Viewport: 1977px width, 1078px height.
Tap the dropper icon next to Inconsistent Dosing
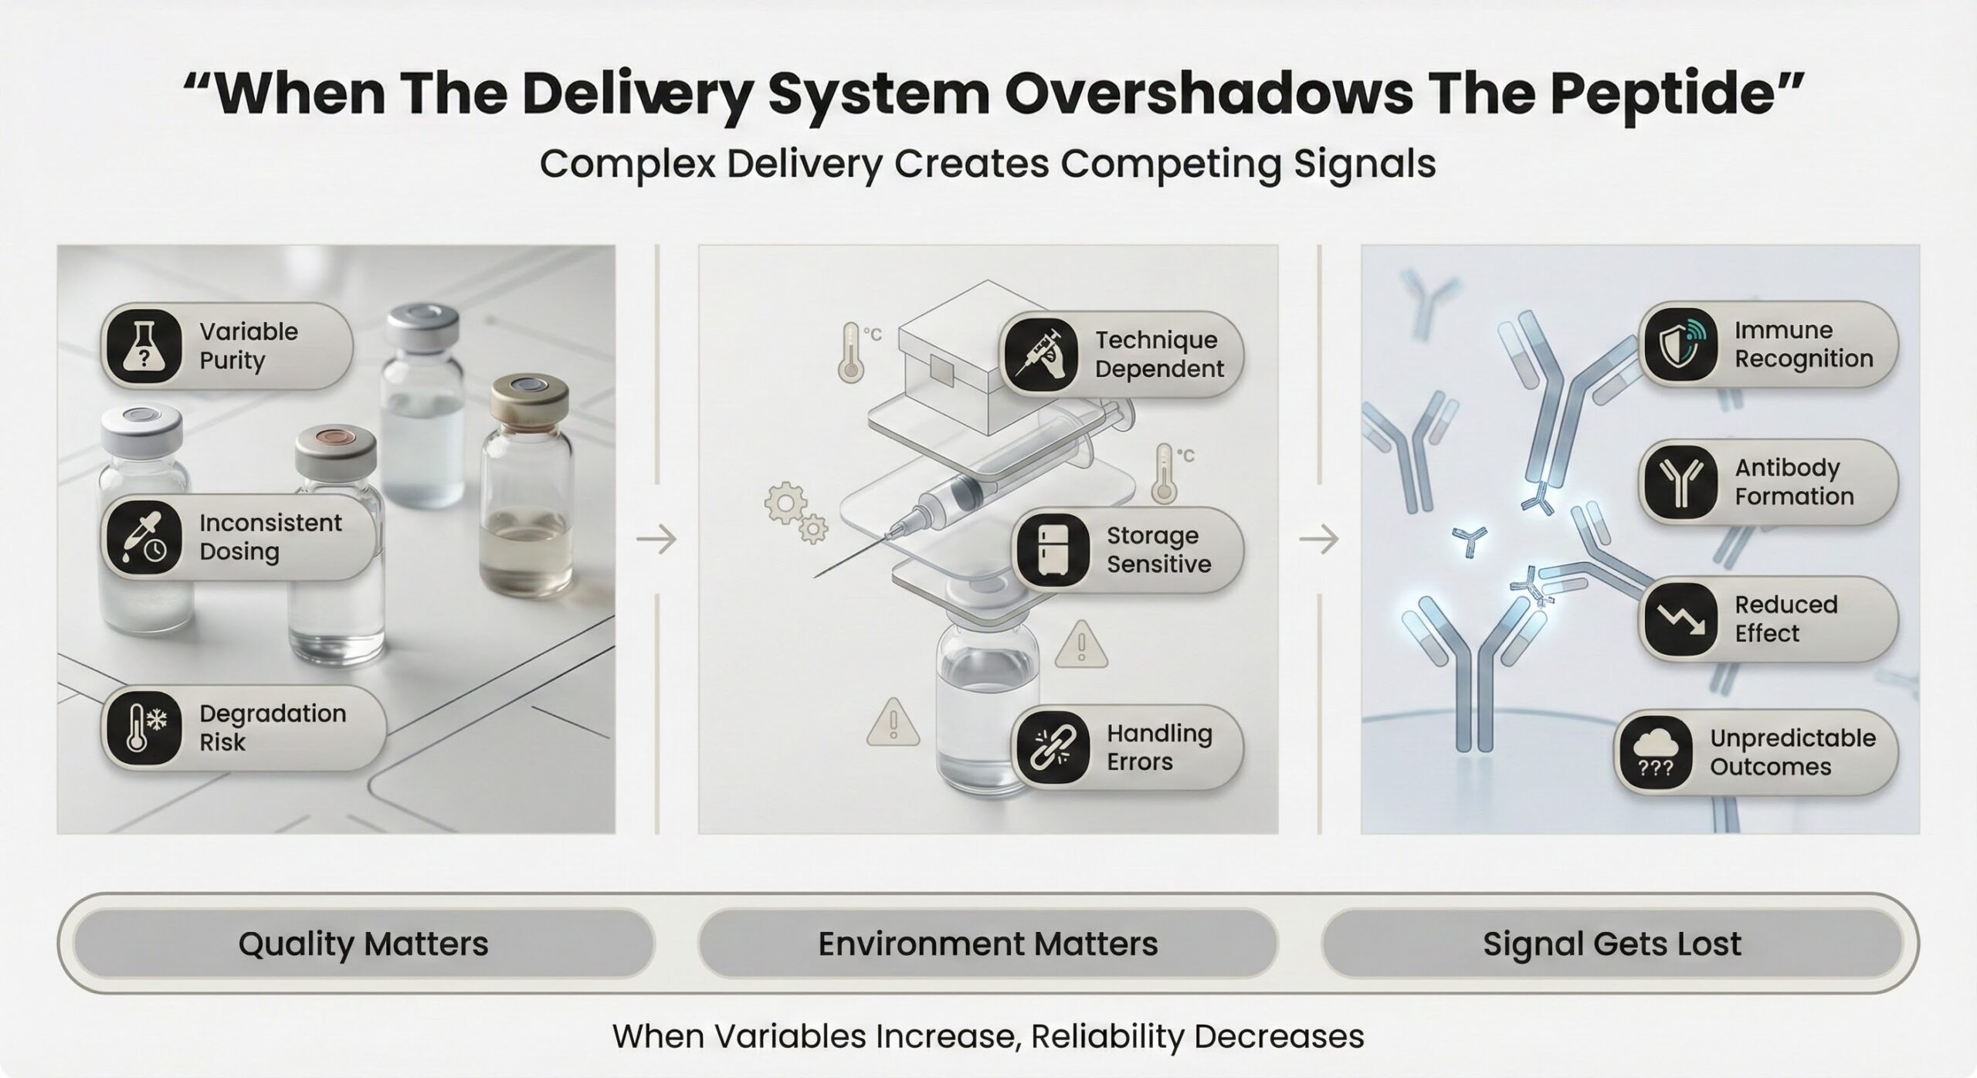pyautogui.click(x=145, y=537)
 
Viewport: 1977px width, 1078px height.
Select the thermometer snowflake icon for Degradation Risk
pyautogui.click(x=145, y=728)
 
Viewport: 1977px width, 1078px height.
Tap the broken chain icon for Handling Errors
pyautogui.click(x=1052, y=747)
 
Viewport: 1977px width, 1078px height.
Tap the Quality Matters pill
pyautogui.click(x=363, y=944)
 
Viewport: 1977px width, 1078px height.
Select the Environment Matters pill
pyautogui.click(x=988, y=944)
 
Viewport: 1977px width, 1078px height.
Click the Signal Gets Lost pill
pyautogui.click(x=1612, y=944)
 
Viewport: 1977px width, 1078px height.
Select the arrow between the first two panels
pyautogui.click(x=656, y=539)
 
